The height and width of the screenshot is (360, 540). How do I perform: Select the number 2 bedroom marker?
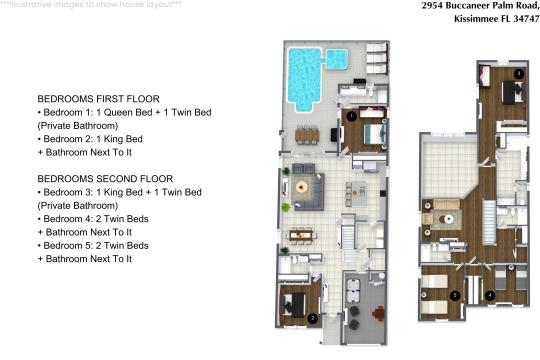(313, 318)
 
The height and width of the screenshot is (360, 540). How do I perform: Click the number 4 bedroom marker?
(489, 295)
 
